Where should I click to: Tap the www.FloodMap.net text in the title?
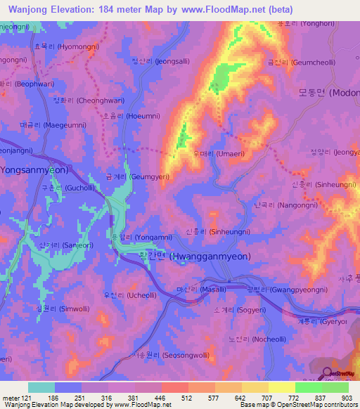(213, 10)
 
